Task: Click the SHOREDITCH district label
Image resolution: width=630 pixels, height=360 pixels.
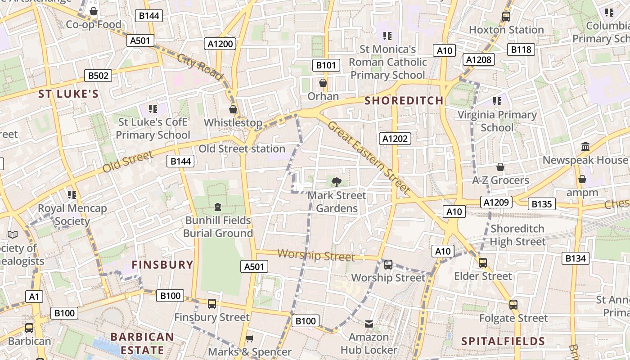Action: pos(404,100)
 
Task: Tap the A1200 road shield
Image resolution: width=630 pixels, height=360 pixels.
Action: pos(220,44)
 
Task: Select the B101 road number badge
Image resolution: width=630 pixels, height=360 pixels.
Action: pos(326,65)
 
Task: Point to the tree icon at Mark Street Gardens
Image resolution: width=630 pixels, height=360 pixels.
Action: pos(336,182)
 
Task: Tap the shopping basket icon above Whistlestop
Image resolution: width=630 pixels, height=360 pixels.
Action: pos(233,109)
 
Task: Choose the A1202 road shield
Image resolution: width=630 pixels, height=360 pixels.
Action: pos(395,139)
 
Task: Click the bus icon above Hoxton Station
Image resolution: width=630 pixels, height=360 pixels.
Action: pos(506,17)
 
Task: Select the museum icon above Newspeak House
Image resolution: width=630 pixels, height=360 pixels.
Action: pos(585,147)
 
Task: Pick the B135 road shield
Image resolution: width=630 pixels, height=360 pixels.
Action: pos(542,204)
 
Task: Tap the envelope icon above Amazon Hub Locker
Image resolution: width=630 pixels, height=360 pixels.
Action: pos(369,324)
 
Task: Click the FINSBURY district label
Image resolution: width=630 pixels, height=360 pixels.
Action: pos(162,265)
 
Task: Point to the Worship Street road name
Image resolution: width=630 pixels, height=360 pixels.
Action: pos(316,255)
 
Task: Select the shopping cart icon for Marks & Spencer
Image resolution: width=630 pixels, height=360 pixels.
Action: pos(250,338)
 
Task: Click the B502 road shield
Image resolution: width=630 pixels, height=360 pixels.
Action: pos(98,76)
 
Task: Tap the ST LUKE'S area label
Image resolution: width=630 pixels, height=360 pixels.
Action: pos(68,94)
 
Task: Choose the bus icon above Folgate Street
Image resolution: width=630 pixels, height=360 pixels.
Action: pos(513,305)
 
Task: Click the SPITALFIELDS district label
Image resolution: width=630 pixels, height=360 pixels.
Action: pos(503,341)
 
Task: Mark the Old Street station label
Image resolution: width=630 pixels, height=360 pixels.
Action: pos(242,148)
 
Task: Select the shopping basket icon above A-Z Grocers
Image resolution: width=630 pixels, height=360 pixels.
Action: pos(500,167)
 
